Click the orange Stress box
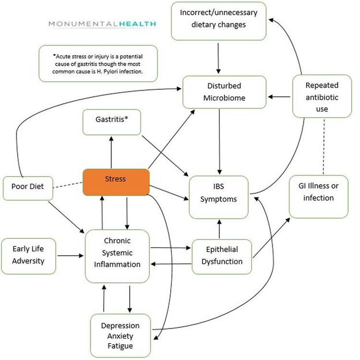[115, 182]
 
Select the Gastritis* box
[111, 122]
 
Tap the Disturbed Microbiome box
[224, 92]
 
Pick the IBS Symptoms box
[219, 197]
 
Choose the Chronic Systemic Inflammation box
[117, 255]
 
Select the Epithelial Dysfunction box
[221, 256]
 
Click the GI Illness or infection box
[318, 196]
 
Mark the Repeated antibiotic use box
[322, 97]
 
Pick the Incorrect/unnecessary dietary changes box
[219, 22]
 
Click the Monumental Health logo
[102, 24]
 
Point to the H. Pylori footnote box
[98, 63]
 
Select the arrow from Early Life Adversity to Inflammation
[70, 255]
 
